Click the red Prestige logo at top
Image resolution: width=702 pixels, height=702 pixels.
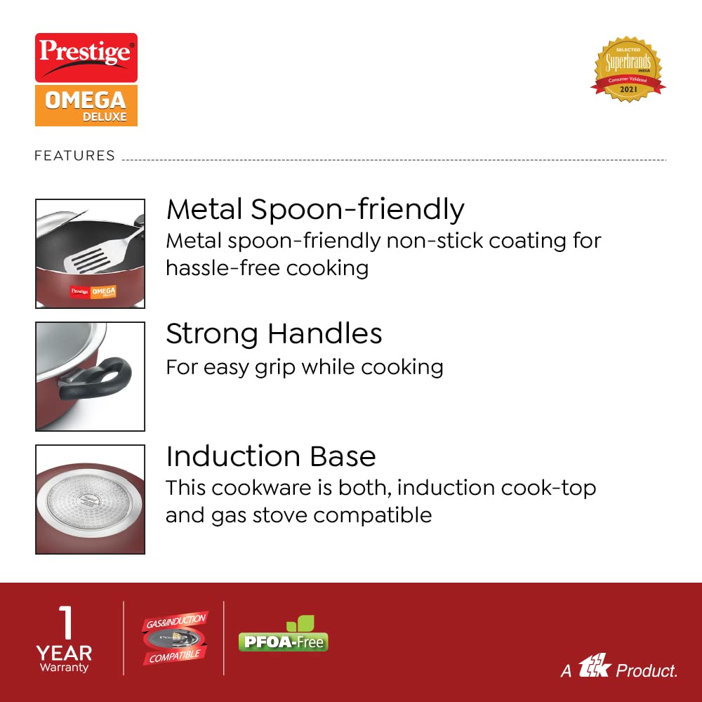click(86, 58)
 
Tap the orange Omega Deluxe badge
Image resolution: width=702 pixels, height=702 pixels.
click(86, 106)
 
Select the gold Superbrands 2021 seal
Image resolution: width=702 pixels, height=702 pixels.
click(628, 69)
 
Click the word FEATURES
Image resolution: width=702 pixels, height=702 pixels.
click(75, 155)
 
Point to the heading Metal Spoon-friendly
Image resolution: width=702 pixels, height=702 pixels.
click(315, 209)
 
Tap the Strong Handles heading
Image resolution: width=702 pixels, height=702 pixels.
click(274, 333)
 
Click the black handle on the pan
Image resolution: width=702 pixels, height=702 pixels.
click(96, 378)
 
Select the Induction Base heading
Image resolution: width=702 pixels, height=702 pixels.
click(271, 456)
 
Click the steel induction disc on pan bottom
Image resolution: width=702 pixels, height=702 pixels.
click(90, 500)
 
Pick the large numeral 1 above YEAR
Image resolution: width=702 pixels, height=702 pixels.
click(66, 622)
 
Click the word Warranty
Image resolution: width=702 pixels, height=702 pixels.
click(64, 668)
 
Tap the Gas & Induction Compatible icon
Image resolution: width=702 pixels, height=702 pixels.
click(175, 638)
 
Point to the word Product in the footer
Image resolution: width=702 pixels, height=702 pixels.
click(647, 670)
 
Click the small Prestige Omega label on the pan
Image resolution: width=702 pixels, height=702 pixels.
click(93, 291)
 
